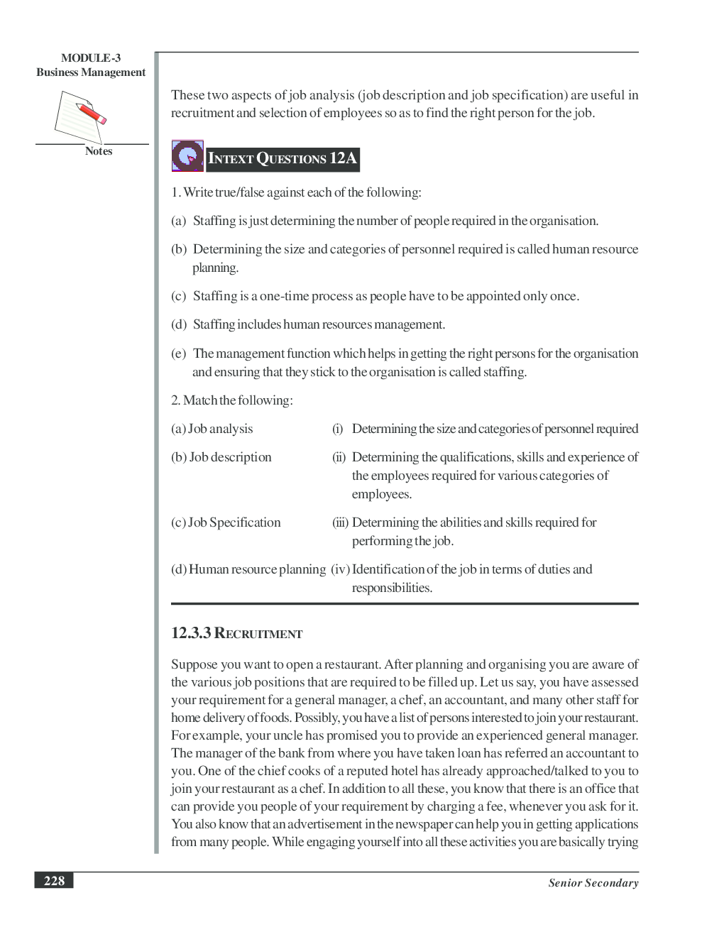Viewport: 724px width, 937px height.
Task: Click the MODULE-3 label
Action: tap(91, 58)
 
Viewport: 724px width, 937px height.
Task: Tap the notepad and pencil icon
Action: tap(79, 116)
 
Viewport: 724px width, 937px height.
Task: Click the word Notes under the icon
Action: tap(99, 151)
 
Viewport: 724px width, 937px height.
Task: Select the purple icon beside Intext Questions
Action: tap(187, 156)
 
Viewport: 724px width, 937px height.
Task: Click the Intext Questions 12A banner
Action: tap(282, 159)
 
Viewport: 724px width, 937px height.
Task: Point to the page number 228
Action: tap(54, 881)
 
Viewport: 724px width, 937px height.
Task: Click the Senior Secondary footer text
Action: tap(593, 883)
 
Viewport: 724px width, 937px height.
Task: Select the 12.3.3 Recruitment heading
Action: tap(236, 633)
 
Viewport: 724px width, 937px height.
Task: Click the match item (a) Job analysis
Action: tap(212, 429)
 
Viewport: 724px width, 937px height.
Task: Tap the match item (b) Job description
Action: tap(221, 457)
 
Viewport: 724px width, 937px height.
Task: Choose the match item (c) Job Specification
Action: tap(226, 522)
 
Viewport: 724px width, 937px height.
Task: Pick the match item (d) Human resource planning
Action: tap(248, 569)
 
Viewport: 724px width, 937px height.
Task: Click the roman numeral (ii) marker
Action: tap(339, 457)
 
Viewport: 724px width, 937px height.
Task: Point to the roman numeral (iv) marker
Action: tap(340, 569)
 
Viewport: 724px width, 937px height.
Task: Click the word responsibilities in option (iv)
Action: tap(392, 588)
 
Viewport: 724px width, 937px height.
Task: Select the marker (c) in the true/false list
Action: tap(178, 296)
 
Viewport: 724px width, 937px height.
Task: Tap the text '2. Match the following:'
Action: tap(232, 400)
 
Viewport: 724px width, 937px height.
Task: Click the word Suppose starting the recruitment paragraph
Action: tap(194, 664)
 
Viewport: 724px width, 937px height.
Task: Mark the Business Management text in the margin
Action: tap(91, 72)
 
